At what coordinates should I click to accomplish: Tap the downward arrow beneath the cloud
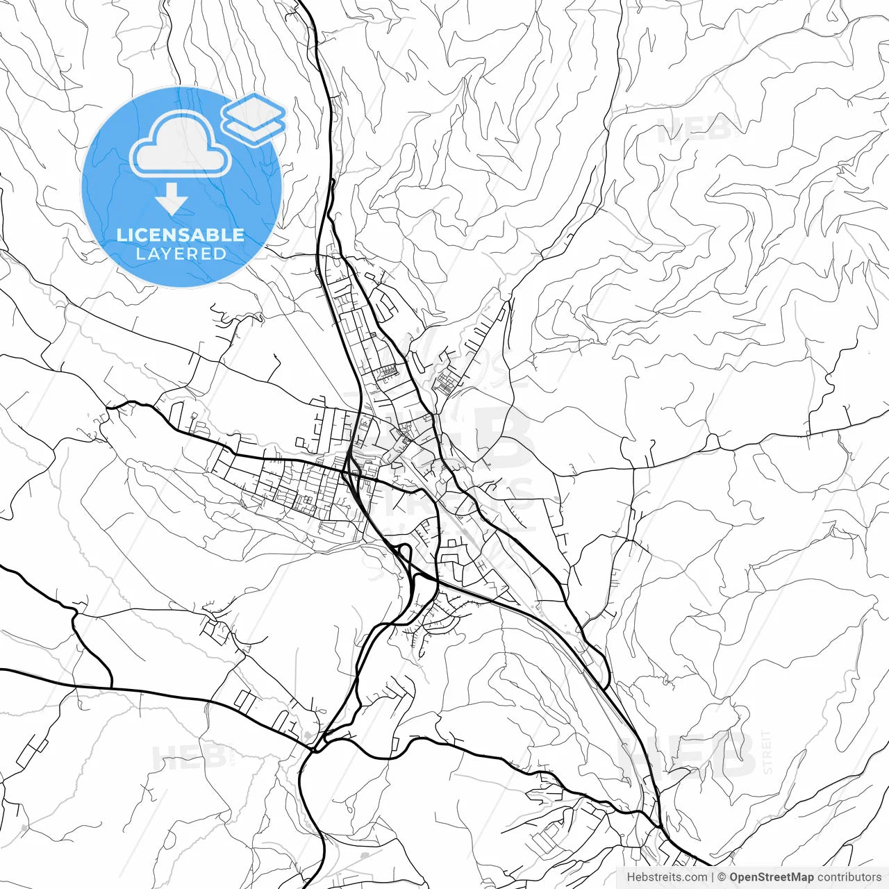click(x=172, y=202)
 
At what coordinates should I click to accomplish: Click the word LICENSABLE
click(x=181, y=235)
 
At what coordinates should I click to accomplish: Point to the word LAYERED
click(x=181, y=254)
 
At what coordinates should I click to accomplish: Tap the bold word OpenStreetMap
click(x=772, y=877)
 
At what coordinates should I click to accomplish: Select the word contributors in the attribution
click(x=849, y=877)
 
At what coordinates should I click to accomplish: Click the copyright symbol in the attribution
click(x=722, y=877)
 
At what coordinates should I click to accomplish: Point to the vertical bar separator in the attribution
click(x=713, y=877)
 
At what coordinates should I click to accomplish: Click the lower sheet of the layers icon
click(x=254, y=128)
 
